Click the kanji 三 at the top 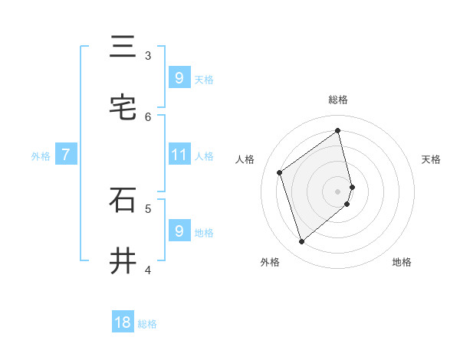123,47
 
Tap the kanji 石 123,200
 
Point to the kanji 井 123,261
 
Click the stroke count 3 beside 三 148,55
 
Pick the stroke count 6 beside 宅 148,116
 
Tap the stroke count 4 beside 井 148,270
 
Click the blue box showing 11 179,155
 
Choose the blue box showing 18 123,322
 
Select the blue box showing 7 66,155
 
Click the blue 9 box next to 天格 179,77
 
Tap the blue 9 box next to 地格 179,231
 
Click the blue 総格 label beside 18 148,324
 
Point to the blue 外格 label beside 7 41,156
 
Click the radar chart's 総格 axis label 338,100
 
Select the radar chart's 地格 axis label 402,262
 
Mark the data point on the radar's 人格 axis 280,172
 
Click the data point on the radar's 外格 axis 301,242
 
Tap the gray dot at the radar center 338,191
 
